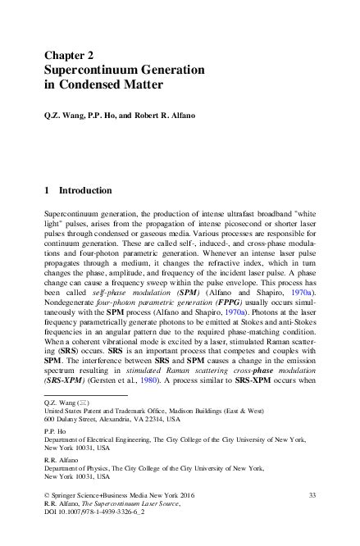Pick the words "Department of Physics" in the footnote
coord(79,470)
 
